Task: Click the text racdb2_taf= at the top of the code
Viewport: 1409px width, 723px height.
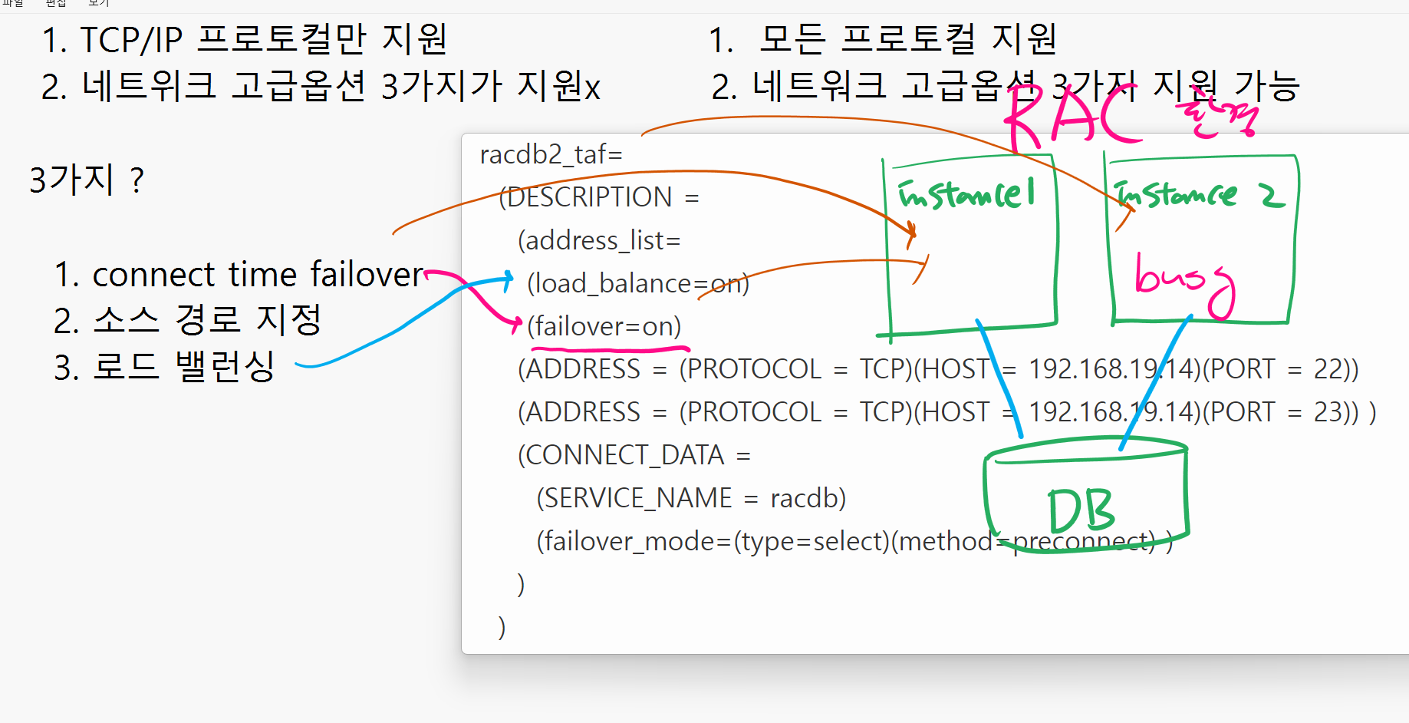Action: [551, 155]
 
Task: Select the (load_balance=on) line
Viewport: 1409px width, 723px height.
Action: [637, 284]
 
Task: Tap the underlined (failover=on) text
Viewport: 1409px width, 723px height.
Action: [604, 327]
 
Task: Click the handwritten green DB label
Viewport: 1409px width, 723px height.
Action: [1081, 510]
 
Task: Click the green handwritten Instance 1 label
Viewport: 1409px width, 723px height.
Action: [966, 194]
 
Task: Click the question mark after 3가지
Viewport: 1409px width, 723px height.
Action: [137, 181]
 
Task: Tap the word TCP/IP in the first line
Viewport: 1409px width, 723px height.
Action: [131, 40]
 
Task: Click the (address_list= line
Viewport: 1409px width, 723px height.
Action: [599, 241]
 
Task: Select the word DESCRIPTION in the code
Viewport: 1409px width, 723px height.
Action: [589, 198]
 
